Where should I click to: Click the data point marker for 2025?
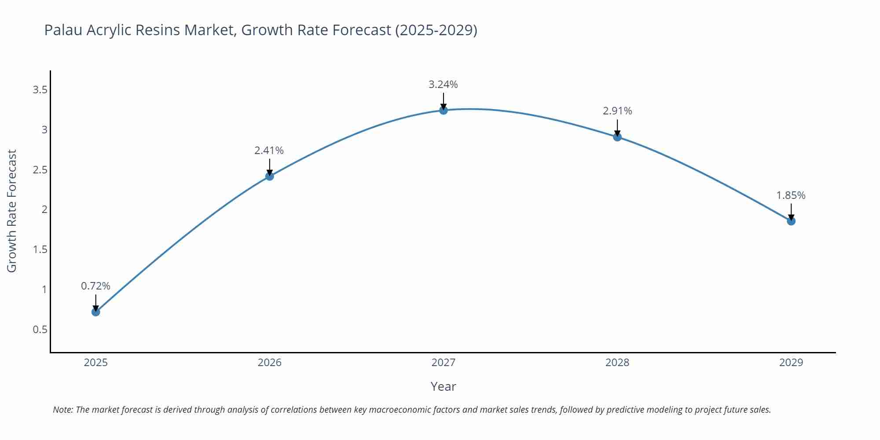click(95, 312)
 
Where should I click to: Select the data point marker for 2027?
click(444, 110)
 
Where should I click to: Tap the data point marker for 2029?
click(791, 221)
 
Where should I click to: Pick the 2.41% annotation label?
click(269, 150)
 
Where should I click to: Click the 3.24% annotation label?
click(443, 84)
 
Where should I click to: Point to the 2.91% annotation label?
click(617, 111)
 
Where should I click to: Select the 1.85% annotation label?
click(791, 195)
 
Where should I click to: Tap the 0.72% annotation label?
click(95, 286)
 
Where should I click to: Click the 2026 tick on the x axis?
click(269, 363)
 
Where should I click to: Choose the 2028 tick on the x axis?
click(617, 363)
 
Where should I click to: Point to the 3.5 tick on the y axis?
click(40, 90)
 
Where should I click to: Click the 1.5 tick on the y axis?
click(40, 249)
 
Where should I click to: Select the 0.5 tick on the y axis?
click(40, 330)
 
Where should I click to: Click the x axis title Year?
click(443, 386)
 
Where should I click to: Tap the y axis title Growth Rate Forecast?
click(12, 211)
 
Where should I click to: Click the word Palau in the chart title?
click(63, 30)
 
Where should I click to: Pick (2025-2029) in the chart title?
click(436, 30)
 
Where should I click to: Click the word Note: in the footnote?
click(63, 410)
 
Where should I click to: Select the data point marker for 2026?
click(269, 176)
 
